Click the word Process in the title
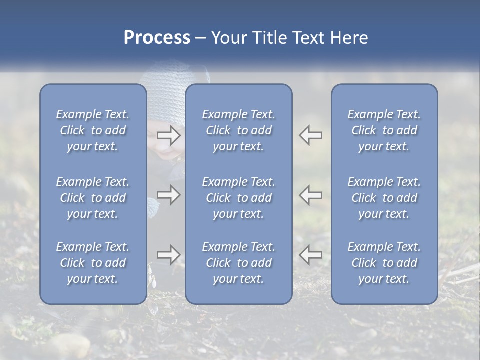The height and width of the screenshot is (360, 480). tap(157, 38)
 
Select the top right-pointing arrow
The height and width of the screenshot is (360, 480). tap(169, 135)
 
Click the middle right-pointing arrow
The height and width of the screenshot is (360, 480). tap(169, 195)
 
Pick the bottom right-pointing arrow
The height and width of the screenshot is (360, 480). tap(169, 255)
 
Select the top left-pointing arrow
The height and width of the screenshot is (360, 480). tap(310, 135)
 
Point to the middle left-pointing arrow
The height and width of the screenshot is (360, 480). tap(310, 195)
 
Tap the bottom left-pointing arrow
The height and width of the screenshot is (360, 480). tap(310, 255)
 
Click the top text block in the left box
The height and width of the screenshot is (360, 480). tap(93, 130)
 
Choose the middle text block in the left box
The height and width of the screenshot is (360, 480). tap(93, 198)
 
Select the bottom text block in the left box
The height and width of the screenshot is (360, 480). tap(93, 263)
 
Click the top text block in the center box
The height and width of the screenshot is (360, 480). tap(239, 130)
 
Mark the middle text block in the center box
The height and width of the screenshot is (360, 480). tap(239, 198)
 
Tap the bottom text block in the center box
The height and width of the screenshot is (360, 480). tap(239, 263)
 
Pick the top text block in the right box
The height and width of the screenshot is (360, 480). tap(384, 130)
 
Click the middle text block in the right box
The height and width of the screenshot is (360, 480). tap(384, 198)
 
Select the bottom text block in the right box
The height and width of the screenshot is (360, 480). tap(384, 263)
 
